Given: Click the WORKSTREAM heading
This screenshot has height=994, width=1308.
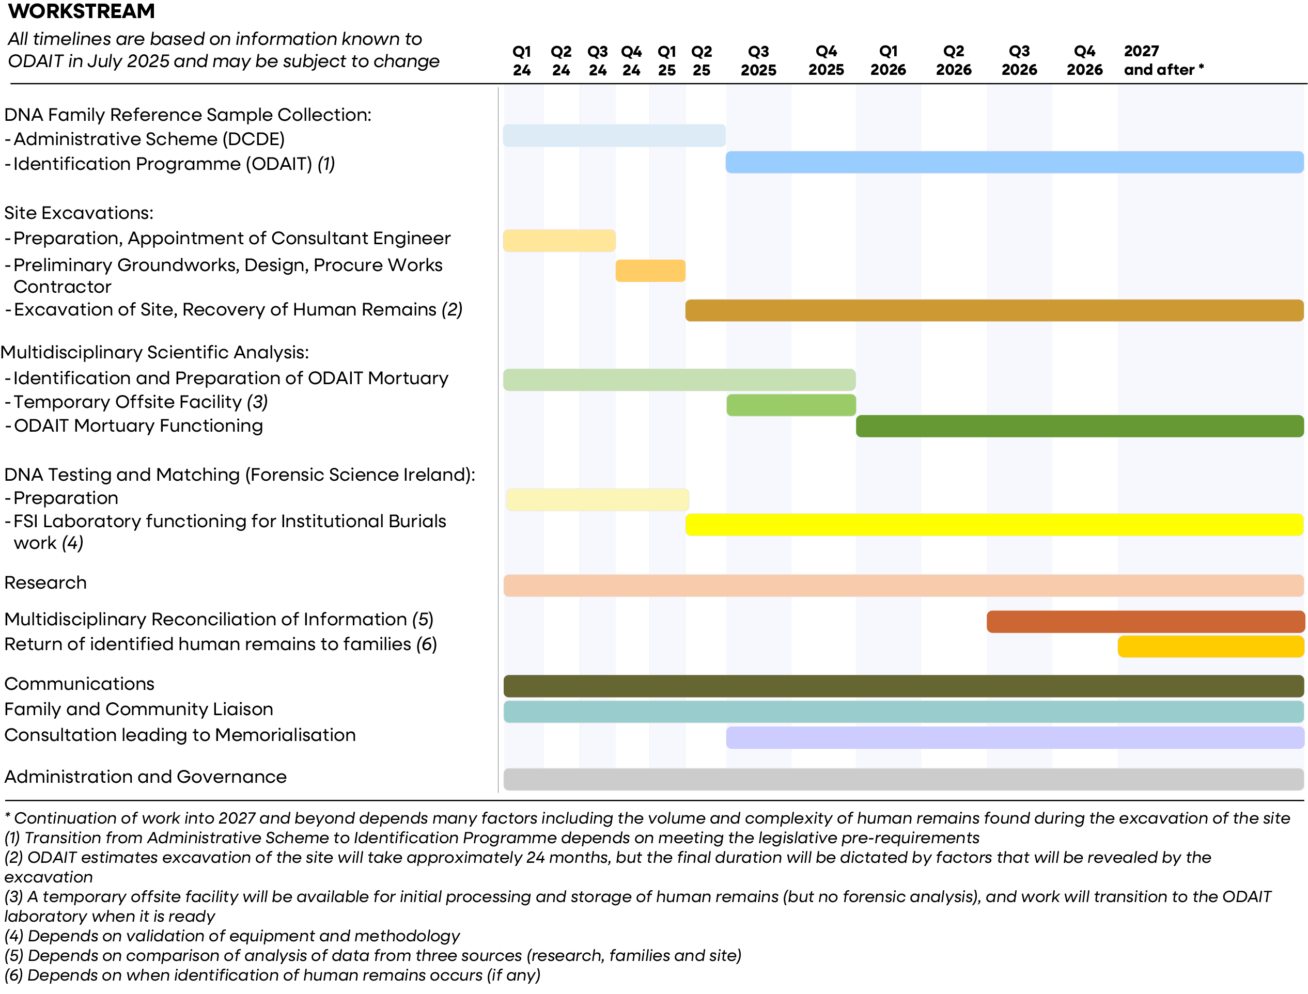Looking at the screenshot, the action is [81, 11].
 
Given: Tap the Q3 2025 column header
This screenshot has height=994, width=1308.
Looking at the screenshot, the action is [758, 60].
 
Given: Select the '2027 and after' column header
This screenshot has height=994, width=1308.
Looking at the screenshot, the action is [1163, 60].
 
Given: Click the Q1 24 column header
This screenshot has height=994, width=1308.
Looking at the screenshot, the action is [521, 60].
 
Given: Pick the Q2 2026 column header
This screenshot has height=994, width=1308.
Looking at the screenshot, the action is [954, 60].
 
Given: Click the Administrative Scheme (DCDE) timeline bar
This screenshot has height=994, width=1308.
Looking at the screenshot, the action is [614, 135].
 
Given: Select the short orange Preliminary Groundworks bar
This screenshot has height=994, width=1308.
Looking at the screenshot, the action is [650, 271].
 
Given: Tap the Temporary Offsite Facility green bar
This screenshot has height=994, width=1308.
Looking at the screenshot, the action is [791, 405].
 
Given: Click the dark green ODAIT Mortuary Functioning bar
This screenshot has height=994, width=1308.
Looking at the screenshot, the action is [1080, 426].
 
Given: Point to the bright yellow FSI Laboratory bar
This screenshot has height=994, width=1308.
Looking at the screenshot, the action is [994, 525].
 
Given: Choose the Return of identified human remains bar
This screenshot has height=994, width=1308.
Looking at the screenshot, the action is [1211, 646].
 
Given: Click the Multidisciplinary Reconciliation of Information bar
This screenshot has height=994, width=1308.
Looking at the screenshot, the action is [1145, 622].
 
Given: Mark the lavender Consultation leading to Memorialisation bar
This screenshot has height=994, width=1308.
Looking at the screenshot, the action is [1015, 738].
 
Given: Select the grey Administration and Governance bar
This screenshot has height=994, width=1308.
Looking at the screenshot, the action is [904, 779].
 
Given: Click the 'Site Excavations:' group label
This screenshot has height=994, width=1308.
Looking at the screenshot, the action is [79, 213].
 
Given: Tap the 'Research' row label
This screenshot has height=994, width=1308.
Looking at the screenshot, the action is [45, 583].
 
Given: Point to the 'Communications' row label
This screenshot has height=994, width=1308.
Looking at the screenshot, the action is [80, 684].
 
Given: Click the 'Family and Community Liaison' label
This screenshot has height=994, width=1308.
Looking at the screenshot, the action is [139, 709].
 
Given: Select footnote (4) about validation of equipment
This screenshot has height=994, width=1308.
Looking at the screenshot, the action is [232, 936].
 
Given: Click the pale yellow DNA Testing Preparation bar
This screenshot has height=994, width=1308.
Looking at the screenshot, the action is [597, 500].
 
